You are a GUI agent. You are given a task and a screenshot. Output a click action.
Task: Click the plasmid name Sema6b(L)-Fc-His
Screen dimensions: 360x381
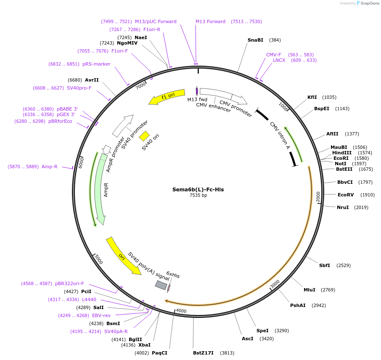198,189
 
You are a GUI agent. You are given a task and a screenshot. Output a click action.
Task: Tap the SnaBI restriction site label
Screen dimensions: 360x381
255,40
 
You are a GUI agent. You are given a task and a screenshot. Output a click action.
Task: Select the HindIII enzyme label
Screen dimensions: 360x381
341,153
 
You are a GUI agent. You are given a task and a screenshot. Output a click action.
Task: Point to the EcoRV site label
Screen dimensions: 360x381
345,195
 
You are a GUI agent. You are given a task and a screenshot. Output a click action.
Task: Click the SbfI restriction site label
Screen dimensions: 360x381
324,265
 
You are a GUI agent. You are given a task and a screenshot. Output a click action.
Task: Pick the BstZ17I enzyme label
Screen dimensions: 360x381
203,353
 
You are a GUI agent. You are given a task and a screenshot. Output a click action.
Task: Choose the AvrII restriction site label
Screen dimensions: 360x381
92,80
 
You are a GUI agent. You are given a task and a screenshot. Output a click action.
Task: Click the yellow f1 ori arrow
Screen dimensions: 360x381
167,97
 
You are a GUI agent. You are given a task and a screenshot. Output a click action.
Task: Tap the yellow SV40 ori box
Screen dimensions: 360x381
144,136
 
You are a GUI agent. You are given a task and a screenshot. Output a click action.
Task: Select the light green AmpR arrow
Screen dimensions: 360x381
99,189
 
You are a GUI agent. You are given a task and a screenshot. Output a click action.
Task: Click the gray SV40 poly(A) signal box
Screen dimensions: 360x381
161,285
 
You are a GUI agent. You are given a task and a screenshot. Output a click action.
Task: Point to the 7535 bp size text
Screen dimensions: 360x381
198,195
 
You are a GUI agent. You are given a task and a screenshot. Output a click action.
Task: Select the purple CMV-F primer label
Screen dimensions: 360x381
273,55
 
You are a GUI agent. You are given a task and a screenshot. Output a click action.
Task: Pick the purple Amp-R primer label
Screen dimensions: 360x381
49,167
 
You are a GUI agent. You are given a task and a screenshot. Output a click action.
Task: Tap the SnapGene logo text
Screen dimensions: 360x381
369,3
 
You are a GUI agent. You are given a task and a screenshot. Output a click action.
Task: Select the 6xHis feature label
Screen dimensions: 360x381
173,275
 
